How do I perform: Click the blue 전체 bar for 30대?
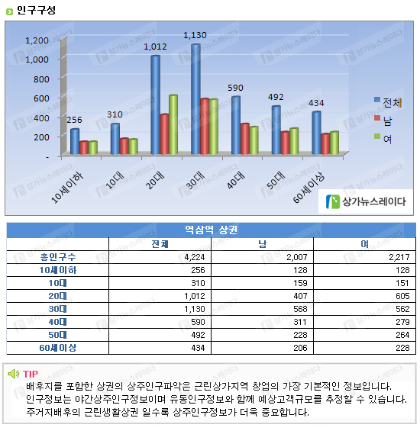click(195, 99)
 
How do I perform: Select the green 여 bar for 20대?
click(173, 124)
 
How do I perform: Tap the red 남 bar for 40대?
click(244, 139)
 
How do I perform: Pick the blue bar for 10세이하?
click(75, 142)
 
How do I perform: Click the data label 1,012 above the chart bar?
click(155, 47)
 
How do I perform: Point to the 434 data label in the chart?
click(316, 103)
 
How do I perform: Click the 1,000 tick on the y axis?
click(37, 60)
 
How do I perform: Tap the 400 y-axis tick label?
click(41, 118)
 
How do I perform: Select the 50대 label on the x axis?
click(276, 180)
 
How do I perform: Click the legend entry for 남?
click(383, 121)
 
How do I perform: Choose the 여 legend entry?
click(383, 139)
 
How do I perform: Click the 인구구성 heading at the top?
click(36, 11)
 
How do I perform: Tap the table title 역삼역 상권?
click(211, 230)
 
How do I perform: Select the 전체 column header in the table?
click(160, 244)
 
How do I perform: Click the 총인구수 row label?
click(58, 257)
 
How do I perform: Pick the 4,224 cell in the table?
click(195, 257)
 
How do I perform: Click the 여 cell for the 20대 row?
click(402, 296)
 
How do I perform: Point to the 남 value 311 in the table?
click(300, 322)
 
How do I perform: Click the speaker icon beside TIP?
click(14, 374)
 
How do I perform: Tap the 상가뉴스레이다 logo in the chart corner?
click(366, 201)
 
